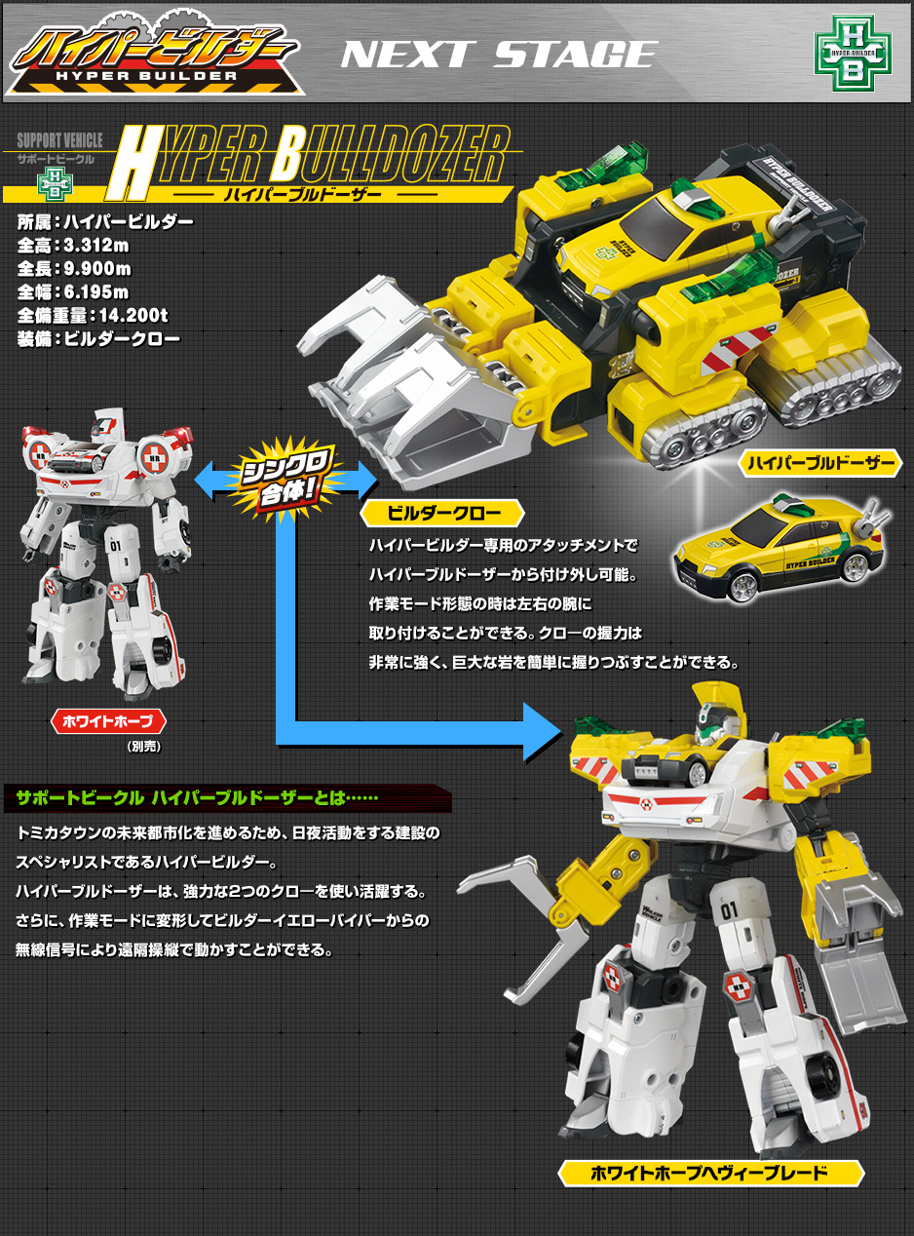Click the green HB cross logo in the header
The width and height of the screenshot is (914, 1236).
pyautogui.click(x=853, y=53)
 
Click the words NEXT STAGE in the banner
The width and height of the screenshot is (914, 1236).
pyautogui.click(x=499, y=55)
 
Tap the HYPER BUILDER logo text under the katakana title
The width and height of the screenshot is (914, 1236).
pyautogui.click(x=146, y=76)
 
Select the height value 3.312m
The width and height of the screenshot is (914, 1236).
pyautogui.click(x=95, y=246)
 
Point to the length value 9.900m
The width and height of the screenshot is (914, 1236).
pyautogui.click(x=97, y=269)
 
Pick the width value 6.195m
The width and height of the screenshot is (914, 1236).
pyautogui.click(x=96, y=292)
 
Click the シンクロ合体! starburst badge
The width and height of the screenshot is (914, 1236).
pyautogui.click(x=286, y=479)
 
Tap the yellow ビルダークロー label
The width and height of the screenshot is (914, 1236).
pyautogui.click(x=443, y=514)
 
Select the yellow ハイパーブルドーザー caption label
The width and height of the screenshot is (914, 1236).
pyautogui.click(x=820, y=464)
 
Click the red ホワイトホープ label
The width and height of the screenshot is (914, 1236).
pyautogui.click(x=108, y=721)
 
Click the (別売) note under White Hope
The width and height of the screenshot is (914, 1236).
pyautogui.click(x=144, y=747)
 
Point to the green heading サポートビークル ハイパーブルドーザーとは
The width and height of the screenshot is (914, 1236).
pyautogui.click(x=197, y=798)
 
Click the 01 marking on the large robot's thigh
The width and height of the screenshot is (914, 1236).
pyautogui.click(x=729, y=911)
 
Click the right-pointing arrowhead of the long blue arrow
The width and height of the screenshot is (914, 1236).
pyautogui.click(x=543, y=732)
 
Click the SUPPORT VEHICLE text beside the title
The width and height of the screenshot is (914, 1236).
pyautogui.click(x=59, y=139)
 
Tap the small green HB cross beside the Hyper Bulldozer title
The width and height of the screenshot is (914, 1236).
pyautogui.click(x=55, y=184)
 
